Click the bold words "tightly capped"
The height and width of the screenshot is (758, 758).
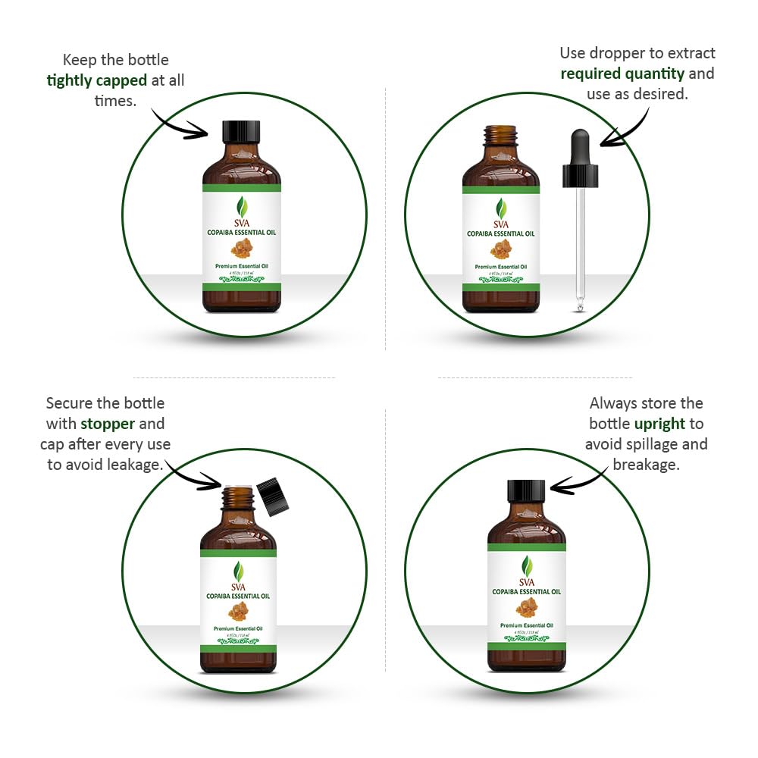96,80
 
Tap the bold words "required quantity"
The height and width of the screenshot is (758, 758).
622,74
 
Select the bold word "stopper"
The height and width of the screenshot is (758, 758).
108,424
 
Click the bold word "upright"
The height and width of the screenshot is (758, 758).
659,424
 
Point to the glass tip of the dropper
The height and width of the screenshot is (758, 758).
581,303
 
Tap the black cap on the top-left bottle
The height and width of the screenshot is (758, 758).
241,132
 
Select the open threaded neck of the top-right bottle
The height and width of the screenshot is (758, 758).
500,136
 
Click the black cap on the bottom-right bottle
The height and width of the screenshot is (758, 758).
526,490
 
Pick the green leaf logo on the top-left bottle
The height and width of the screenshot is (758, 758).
242,205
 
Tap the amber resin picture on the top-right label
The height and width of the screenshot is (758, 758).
501,249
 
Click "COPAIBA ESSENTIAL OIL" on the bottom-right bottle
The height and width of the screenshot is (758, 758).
526,591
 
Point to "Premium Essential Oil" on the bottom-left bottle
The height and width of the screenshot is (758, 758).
238,628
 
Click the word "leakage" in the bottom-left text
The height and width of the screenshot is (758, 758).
133,464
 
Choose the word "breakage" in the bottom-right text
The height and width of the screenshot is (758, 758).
646,464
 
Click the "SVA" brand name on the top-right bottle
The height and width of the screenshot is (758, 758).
501,224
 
